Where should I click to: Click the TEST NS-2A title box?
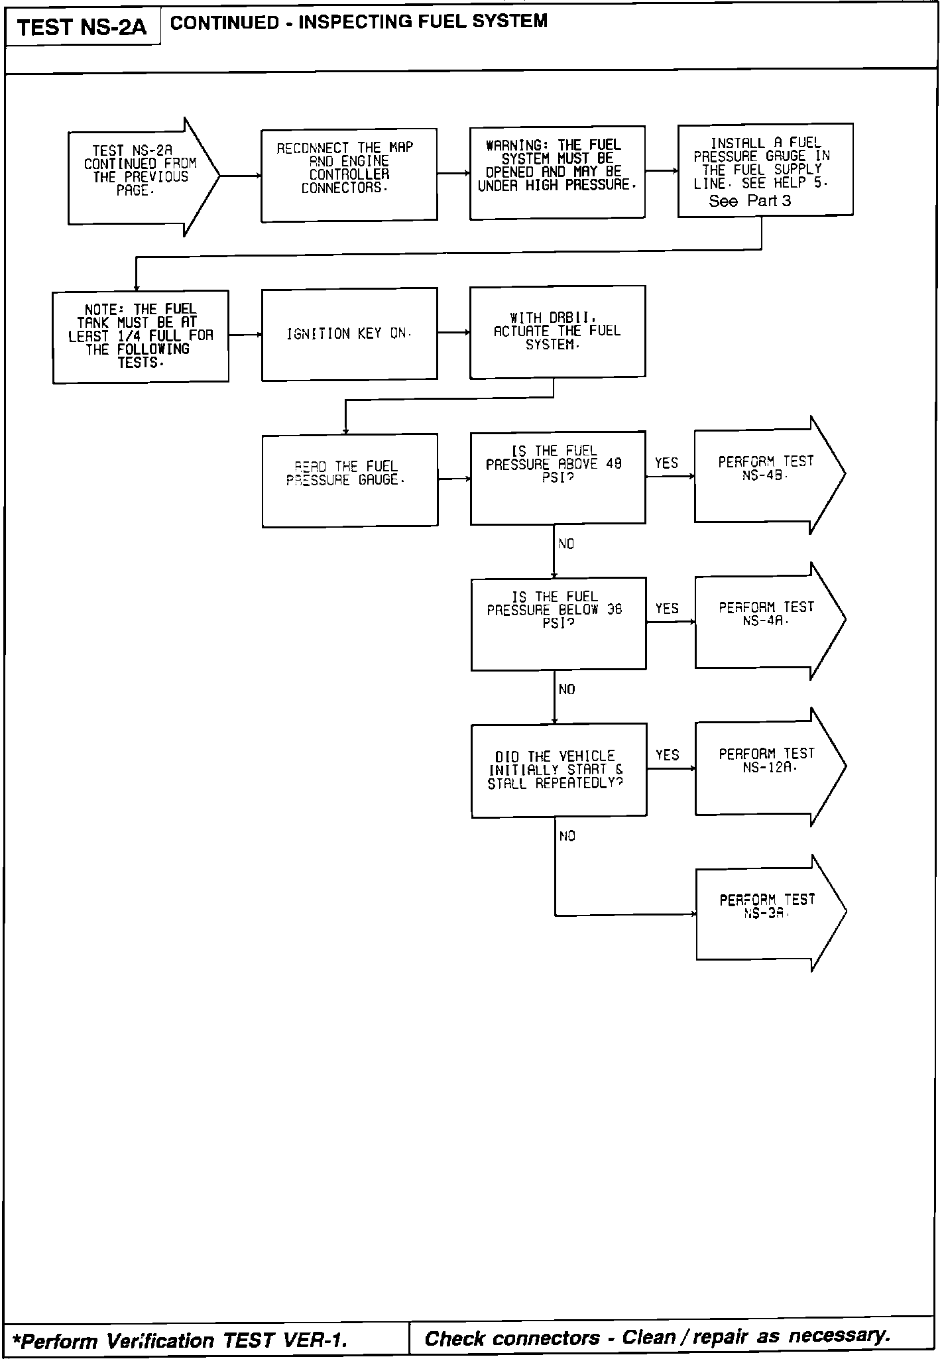click(82, 27)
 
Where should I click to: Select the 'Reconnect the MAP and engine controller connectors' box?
click(349, 175)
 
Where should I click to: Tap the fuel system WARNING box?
click(557, 172)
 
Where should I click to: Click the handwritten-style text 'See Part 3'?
click(750, 201)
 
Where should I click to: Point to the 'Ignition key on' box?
click(349, 333)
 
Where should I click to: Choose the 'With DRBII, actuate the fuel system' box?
click(557, 331)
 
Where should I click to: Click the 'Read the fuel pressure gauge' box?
click(349, 480)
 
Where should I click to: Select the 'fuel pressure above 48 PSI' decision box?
click(557, 477)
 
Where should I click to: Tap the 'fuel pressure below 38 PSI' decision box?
click(558, 622)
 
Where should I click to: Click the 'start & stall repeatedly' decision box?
click(558, 769)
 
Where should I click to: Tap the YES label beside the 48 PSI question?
click(666, 463)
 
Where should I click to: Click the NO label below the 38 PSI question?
click(567, 690)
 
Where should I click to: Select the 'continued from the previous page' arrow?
click(139, 176)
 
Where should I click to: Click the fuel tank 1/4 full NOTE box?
click(141, 336)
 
